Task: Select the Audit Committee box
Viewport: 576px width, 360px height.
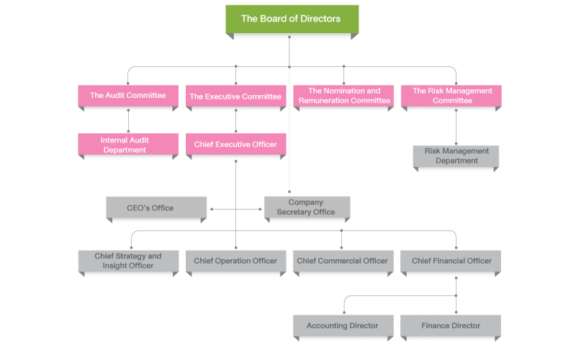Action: pos(127,96)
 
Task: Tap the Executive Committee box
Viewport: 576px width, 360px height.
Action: pos(235,96)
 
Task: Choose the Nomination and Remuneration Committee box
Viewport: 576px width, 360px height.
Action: pos(343,96)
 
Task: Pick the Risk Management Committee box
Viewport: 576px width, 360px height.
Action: pos(451,96)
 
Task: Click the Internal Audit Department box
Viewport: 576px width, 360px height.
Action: pos(127,145)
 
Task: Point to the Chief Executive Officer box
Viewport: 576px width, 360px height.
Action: pos(235,145)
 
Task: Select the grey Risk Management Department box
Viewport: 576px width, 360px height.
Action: pos(456,156)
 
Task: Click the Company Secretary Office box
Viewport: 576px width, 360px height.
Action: pos(306,207)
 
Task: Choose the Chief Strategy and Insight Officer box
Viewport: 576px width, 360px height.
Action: pos(127,261)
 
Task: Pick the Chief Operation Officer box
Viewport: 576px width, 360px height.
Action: pos(235,261)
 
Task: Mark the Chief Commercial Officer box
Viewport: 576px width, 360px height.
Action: pos(342,261)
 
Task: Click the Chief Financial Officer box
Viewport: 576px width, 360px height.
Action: pos(451,261)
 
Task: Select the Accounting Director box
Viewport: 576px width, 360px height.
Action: pos(342,325)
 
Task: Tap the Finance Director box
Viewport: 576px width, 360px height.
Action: pos(451,325)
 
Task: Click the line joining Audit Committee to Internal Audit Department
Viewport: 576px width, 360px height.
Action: pos(128,120)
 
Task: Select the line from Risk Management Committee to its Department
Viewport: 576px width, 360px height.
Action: pos(456,127)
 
